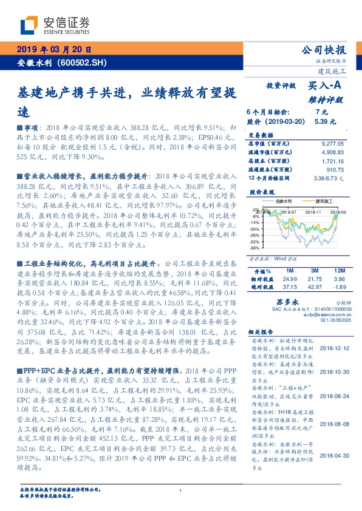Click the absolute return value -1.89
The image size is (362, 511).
[x=340, y=286]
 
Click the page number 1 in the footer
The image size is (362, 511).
[x=181, y=491]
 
